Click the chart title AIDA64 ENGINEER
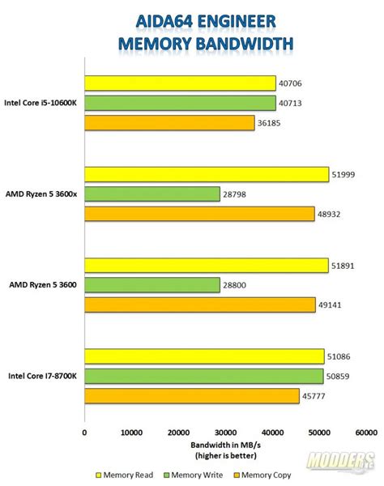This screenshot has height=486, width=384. tap(192, 18)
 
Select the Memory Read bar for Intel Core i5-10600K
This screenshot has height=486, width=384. tap(180, 83)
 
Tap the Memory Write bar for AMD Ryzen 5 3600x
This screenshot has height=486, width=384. tap(151, 194)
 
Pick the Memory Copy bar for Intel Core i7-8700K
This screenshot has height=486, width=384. tap(191, 395)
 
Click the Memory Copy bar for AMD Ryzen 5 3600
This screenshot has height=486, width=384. tap(199, 305)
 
